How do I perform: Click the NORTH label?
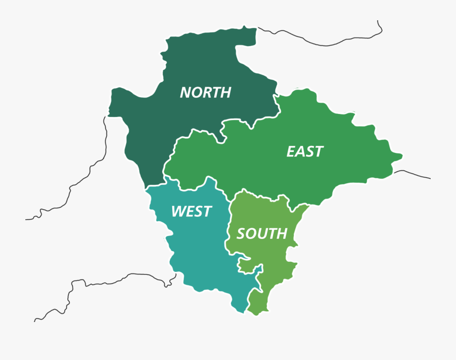[x=205, y=93]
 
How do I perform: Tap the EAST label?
[x=305, y=151]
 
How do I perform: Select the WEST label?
[x=191, y=211]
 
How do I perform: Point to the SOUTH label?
[x=261, y=233]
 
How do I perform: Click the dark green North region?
[x=147, y=132]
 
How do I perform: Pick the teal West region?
[x=198, y=253]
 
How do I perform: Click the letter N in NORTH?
[x=185, y=93]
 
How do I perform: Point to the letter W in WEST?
[x=178, y=211]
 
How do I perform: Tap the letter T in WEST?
[x=206, y=211]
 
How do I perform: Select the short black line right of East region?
[x=413, y=173]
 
